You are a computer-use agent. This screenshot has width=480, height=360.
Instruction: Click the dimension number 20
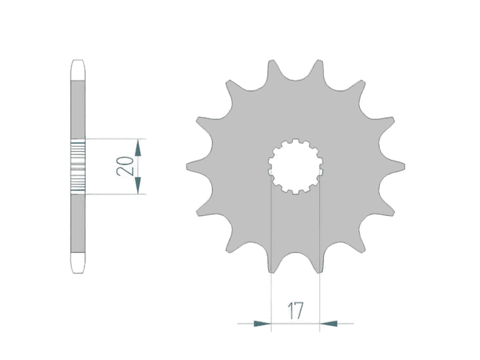click(x=125, y=166)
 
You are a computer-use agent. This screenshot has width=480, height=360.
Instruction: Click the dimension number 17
click(x=296, y=311)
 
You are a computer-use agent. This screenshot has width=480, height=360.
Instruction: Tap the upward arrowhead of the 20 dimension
click(x=138, y=147)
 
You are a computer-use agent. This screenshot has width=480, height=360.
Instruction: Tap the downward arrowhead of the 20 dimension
click(x=138, y=186)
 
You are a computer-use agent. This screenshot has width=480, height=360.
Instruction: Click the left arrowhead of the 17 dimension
click(x=263, y=324)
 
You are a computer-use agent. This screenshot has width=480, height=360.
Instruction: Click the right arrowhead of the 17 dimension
click(x=328, y=324)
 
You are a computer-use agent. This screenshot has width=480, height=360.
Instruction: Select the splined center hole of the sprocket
click(x=296, y=167)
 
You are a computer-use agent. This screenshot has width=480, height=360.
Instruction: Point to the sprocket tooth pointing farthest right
click(x=394, y=167)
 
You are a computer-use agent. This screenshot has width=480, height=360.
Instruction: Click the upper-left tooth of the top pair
click(x=272, y=69)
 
